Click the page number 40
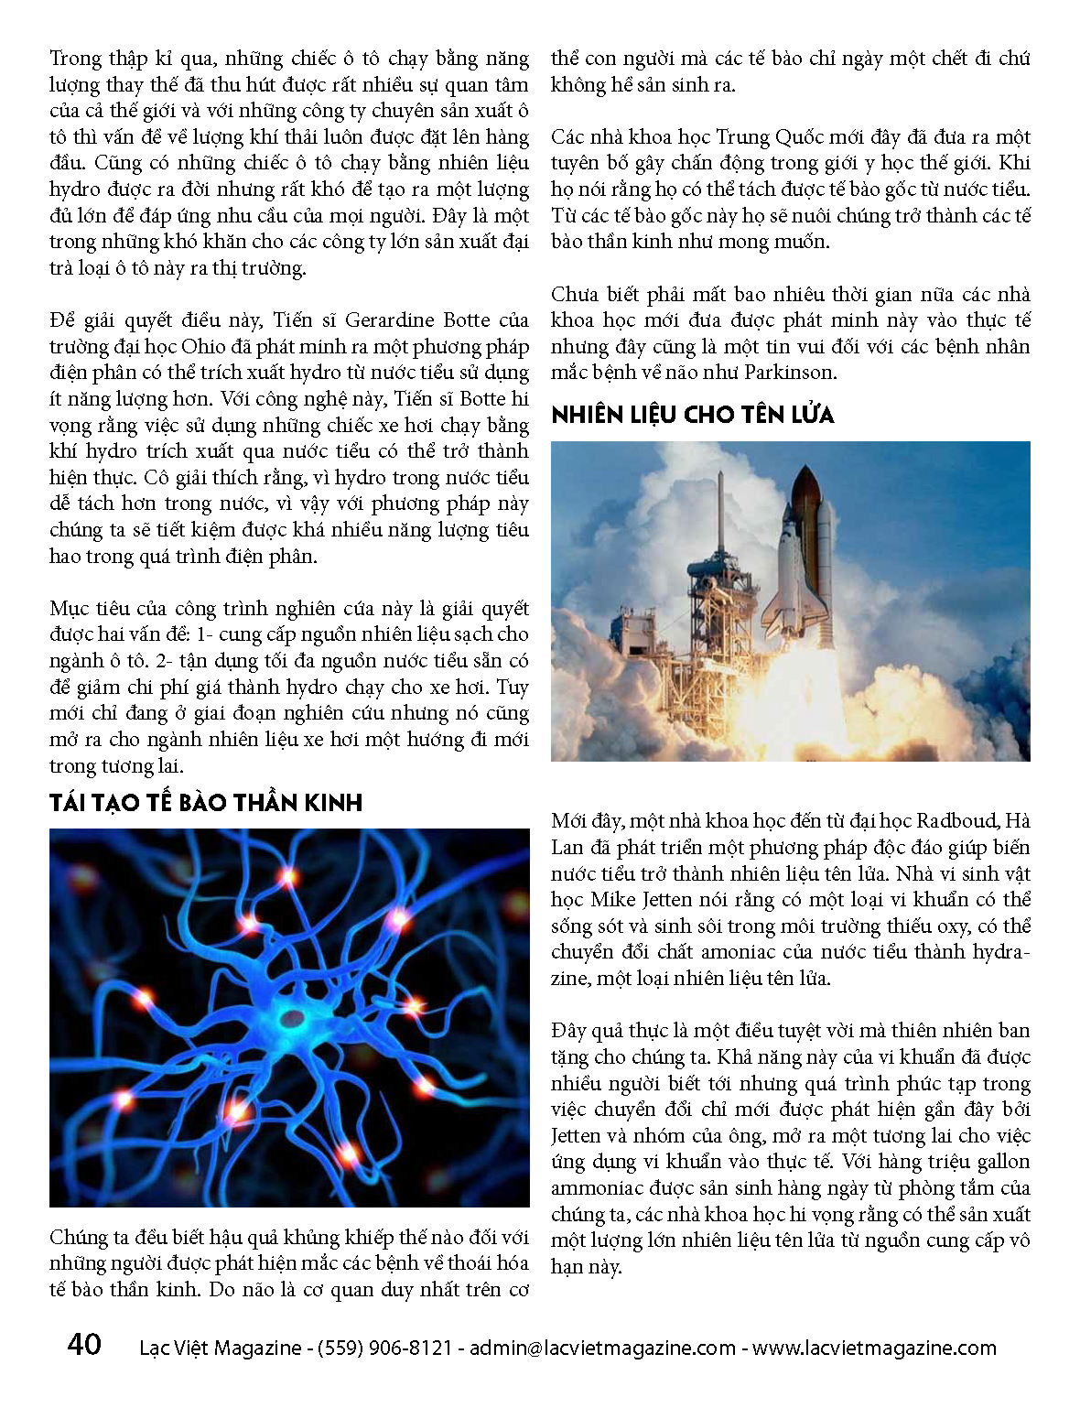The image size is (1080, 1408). [84, 1345]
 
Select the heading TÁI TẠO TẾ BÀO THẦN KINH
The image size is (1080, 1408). [206, 803]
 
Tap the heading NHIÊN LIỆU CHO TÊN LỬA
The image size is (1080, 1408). [693, 415]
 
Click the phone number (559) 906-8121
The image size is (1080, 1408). [384, 1348]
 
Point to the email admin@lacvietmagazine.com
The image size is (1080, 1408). [603, 1348]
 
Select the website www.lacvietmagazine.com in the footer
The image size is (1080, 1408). [874, 1348]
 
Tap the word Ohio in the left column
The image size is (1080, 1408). [203, 347]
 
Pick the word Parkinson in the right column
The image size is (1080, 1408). [790, 373]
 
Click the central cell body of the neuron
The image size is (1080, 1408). [292, 1017]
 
